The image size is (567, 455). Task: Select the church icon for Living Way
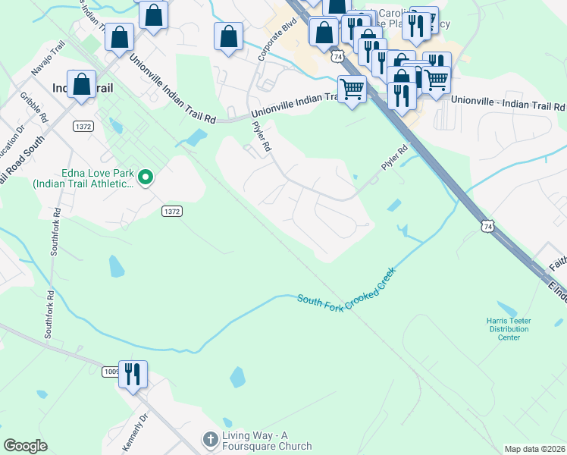210,438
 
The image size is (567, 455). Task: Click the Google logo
25,446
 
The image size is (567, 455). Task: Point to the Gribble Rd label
34,107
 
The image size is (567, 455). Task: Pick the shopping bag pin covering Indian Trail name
81,85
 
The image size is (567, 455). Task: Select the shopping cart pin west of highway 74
352,89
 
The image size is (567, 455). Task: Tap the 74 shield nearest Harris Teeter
487,225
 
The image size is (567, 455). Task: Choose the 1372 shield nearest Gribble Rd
83,125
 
